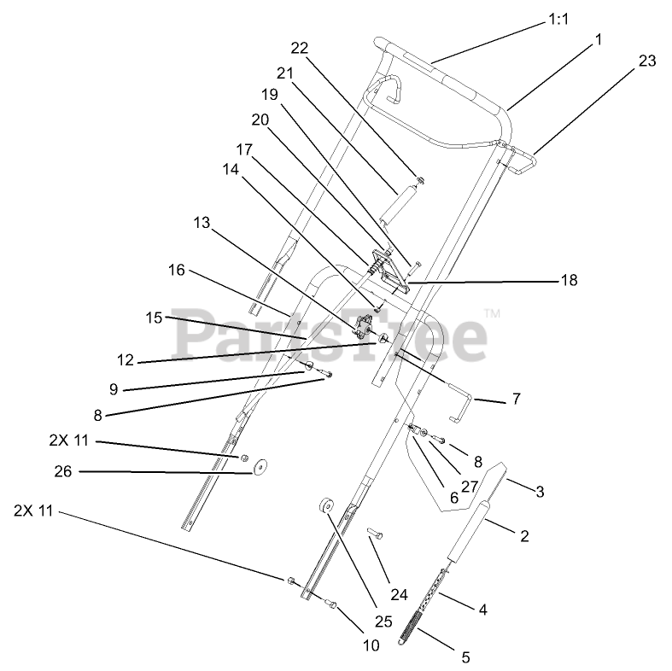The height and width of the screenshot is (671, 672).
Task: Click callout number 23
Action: tap(647, 60)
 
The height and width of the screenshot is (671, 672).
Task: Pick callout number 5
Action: tap(465, 657)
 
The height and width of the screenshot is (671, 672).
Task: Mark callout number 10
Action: tap(371, 645)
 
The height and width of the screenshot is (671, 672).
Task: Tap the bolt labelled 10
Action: tap(331, 605)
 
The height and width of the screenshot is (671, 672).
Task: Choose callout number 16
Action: tap(176, 271)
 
